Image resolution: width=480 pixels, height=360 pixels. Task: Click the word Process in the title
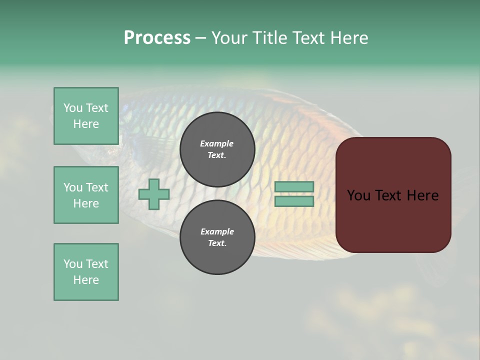pyautogui.click(x=157, y=38)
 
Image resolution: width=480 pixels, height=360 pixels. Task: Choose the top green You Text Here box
pyautogui.click(x=86, y=116)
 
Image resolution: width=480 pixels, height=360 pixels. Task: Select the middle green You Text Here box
pyautogui.click(x=86, y=195)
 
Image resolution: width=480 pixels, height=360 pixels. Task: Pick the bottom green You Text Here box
pyautogui.click(x=86, y=272)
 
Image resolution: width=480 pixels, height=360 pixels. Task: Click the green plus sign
pyautogui.click(x=154, y=194)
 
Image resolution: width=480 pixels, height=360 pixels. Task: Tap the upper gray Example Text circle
pyautogui.click(x=217, y=149)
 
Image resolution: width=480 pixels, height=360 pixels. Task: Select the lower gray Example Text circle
pyautogui.click(x=217, y=237)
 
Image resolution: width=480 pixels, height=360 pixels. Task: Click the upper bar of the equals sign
pyautogui.click(x=294, y=187)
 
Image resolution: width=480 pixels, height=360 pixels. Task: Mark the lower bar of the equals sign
pyautogui.click(x=294, y=201)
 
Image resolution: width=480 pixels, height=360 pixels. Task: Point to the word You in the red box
pyautogui.click(x=359, y=195)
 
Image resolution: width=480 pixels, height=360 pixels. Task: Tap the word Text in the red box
pyautogui.click(x=390, y=195)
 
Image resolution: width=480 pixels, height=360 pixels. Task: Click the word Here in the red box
pyautogui.click(x=423, y=195)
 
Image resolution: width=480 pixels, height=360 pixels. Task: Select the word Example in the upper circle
pyautogui.click(x=217, y=143)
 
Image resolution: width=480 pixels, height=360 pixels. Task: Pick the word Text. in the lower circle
pyautogui.click(x=217, y=243)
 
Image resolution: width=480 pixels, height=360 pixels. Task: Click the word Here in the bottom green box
pyautogui.click(x=86, y=280)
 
